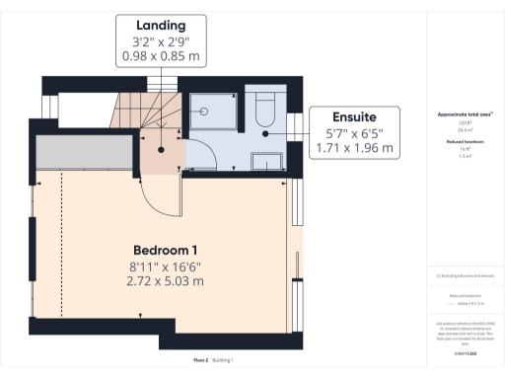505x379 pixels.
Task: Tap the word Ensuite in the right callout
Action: (353, 114)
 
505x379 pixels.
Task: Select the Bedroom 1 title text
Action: (167, 248)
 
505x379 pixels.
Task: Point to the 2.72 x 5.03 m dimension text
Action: (167, 281)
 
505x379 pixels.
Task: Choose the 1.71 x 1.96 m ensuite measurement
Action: (353, 149)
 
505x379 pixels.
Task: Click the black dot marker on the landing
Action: (160, 151)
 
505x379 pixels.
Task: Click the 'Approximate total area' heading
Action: (464, 114)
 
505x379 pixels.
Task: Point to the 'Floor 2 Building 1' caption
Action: (213, 360)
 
